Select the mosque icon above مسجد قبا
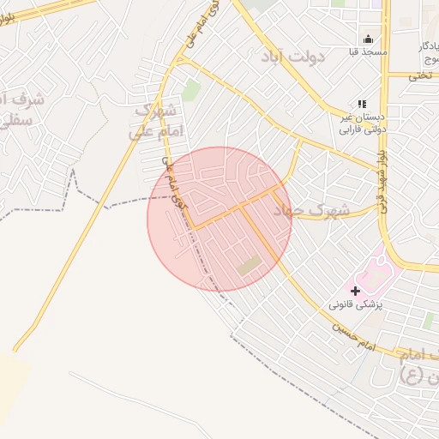point(369,39)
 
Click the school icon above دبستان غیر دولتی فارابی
point(361,104)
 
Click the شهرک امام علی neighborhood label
point(154,121)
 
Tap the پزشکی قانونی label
point(356,305)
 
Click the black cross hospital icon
point(356,291)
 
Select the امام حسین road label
point(352,334)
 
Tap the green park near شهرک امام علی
point(190,90)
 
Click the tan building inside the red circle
point(250,266)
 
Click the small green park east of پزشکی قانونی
point(428,321)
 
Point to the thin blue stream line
point(343,386)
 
